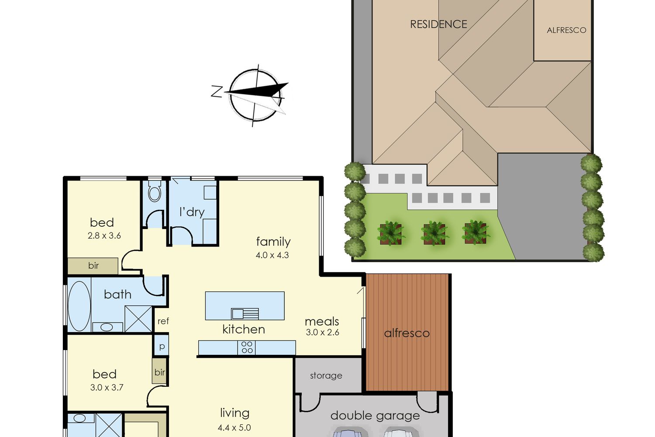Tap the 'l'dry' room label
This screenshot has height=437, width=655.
(192, 212)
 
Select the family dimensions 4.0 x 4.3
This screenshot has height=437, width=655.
(272, 255)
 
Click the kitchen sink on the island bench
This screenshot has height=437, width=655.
(245, 314)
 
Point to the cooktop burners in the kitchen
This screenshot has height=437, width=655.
(247, 347)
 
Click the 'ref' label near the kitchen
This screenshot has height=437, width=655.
(163, 321)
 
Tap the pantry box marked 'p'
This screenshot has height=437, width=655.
(162, 346)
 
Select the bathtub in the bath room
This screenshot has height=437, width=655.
(79, 306)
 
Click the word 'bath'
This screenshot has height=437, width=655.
(117, 295)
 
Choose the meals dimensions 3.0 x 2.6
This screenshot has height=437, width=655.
(323, 332)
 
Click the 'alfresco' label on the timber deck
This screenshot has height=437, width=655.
(407, 333)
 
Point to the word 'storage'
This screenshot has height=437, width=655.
(326, 375)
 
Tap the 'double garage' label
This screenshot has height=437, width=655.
(375, 416)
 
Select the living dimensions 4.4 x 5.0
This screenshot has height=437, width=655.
(234, 428)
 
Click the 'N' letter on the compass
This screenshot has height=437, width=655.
(217, 92)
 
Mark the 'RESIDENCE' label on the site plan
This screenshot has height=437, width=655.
(438, 24)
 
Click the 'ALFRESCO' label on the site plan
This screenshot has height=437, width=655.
(566, 30)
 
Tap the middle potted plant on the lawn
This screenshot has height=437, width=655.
(434, 233)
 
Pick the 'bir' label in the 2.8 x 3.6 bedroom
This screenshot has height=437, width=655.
(93, 266)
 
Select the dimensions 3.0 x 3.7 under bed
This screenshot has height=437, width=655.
(107, 388)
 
